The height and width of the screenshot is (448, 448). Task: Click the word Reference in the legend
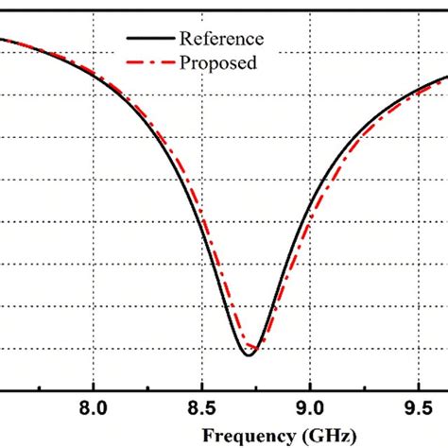pyautogui.click(x=220, y=39)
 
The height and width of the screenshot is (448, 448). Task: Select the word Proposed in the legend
pyautogui.click(x=216, y=63)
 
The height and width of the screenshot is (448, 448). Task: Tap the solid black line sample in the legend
pyautogui.click(x=147, y=39)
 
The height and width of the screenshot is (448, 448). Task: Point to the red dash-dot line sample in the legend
pyautogui.click(x=147, y=63)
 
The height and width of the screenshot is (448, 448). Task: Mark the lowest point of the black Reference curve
pyautogui.click(x=249, y=355)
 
